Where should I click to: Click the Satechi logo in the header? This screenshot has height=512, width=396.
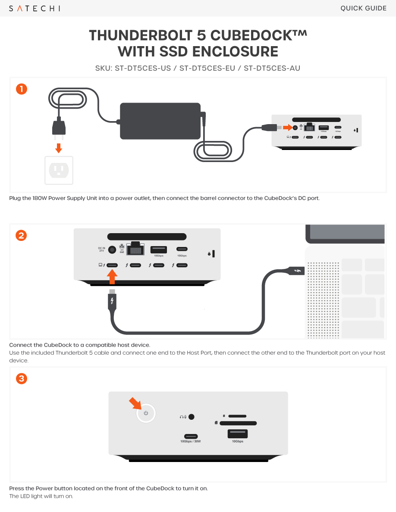pyautogui.click(x=35, y=8)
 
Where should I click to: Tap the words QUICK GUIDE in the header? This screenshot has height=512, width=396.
pyautogui.click(x=363, y=8)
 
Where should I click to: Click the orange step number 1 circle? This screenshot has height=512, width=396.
pyautogui.click(x=22, y=89)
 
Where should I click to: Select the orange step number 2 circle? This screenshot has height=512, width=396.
pyautogui.click(x=22, y=235)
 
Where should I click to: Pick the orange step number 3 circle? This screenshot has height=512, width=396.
pyautogui.click(x=22, y=379)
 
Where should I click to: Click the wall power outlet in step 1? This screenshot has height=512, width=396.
pyautogui.click(x=59, y=170)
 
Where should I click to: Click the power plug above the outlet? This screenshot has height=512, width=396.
pyautogui.click(x=59, y=128)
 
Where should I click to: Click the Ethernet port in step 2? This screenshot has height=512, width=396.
pyautogui.click(x=135, y=249)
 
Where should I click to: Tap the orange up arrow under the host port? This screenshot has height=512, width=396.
pyautogui.click(x=112, y=277)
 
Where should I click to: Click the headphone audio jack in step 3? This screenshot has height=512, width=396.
pyautogui.click(x=192, y=417)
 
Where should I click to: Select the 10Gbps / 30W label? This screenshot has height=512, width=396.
pyautogui.click(x=191, y=441)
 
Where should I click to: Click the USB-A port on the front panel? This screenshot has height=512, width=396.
pyautogui.click(x=237, y=434)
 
